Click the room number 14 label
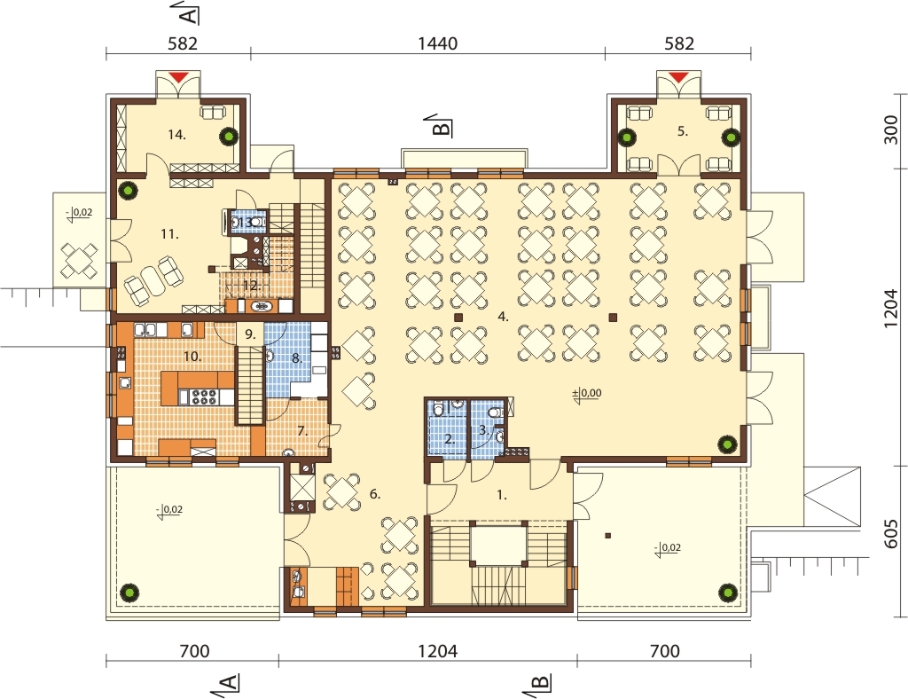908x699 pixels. (176, 135)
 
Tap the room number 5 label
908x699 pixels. (683, 131)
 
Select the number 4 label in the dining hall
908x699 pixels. (503, 317)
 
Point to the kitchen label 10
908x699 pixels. (192, 357)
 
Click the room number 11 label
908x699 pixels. (169, 234)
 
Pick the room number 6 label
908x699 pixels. (375, 494)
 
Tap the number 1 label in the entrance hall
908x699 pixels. (502, 495)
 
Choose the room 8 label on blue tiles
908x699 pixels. (296, 358)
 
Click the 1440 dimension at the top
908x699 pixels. (438, 43)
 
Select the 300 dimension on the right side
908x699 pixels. (892, 130)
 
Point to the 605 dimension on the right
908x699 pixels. (892, 533)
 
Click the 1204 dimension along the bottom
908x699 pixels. (438, 651)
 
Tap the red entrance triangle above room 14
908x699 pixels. (179, 76)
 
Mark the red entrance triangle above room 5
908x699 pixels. (679, 76)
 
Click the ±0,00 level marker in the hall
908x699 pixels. (587, 393)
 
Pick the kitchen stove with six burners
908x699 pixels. (204, 397)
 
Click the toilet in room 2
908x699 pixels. (438, 411)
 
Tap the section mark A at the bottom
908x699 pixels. (230, 683)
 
